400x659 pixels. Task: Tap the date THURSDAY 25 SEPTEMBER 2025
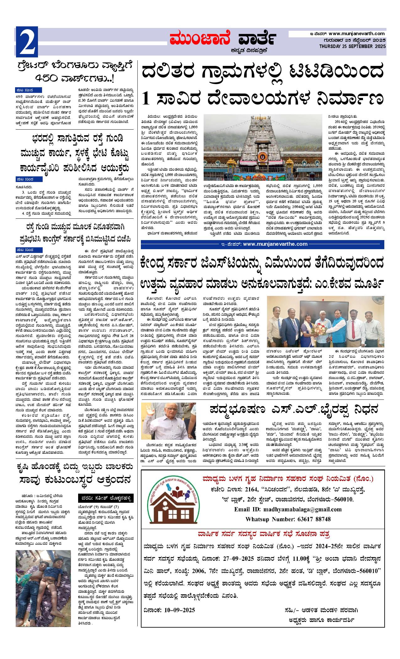pos(352,46)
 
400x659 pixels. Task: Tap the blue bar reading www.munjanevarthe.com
pos(262,244)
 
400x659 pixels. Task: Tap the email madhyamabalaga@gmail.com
pos(288,509)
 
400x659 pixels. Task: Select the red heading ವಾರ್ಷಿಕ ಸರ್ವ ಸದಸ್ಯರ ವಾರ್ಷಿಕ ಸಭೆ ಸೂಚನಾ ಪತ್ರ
pos(263,534)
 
